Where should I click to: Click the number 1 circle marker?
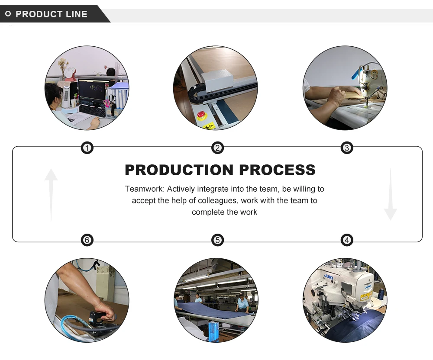[x=87, y=148]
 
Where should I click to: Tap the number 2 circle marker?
[x=217, y=148]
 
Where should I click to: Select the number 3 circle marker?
[x=346, y=148]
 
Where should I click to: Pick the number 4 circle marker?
[x=346, y=240]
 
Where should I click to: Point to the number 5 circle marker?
[x=217, y=240]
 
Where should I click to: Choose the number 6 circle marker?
[x=87, y=240]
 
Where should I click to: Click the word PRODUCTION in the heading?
[x=178, y=170]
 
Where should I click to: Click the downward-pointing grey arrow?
[x=390, y=195]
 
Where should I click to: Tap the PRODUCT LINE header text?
[x=52, y=14]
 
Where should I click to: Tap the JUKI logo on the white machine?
[x=367, y=286]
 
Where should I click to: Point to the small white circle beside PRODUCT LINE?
[x=8, y=14]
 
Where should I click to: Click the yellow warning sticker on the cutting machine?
[x=209, y=126]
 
